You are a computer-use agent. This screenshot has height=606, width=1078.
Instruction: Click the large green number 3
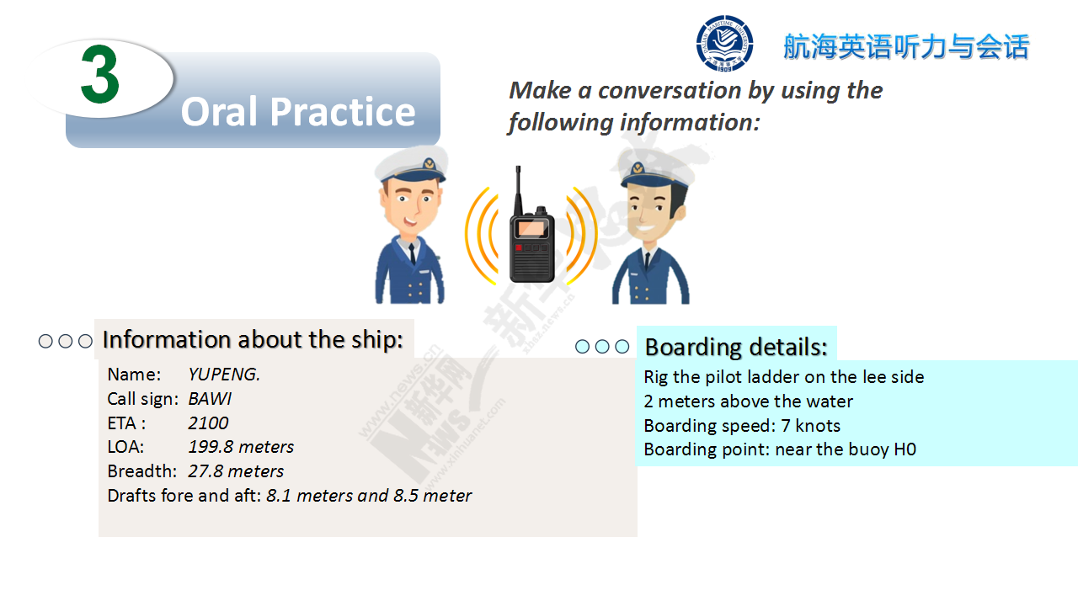[x=100, y=74]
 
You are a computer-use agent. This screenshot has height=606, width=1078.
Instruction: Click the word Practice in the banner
[x=343, y=112]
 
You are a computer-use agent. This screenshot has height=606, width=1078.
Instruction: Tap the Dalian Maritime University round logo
[x=724, y=43]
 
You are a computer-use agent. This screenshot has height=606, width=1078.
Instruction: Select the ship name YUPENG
[x=224, y=375]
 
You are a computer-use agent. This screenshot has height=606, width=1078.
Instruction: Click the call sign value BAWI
[x=210, y=399]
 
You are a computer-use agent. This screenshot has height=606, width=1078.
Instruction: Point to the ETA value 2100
[x=208, y=423]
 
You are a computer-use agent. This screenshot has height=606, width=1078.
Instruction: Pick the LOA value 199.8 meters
[x=241, y=447]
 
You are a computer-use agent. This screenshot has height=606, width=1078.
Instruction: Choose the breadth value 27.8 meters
[x=236, y=471]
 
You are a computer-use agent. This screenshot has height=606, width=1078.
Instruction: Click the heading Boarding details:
[x=736, y=347]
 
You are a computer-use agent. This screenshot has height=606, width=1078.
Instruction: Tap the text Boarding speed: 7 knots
[x=742, y=426]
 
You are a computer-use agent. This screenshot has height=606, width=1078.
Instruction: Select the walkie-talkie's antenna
[x=518, y=191]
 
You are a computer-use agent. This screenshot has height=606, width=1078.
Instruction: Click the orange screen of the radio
[x=531, y=228]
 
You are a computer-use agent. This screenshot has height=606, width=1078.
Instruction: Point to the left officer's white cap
[x=412, y=163]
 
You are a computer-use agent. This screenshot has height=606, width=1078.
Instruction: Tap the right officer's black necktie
[x=648, y=261]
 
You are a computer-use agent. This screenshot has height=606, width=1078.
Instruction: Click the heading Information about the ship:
[x=253, y=339]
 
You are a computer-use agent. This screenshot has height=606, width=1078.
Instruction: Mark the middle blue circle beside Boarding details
[x=602, y=346]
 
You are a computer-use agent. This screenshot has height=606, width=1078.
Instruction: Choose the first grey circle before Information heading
[x=45, y=341]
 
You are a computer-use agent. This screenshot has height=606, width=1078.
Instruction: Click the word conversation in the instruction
[x=670, y=90]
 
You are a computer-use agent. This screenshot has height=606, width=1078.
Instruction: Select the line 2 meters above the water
[x=749, y=401]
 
